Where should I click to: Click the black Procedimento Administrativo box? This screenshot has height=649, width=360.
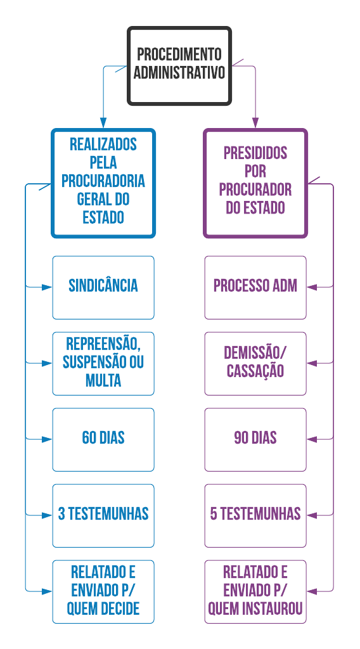point(179,66)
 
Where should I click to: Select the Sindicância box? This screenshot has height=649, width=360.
point(103,287)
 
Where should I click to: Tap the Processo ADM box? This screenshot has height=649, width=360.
point(255,287)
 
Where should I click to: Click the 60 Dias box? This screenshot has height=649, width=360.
point(103,440)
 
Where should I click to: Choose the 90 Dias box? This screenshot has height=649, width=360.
point(255,440)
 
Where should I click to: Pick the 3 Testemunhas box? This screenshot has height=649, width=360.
point(103,516)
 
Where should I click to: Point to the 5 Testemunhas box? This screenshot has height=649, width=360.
point(255,516)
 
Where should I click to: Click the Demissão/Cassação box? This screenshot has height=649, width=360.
point(255,363)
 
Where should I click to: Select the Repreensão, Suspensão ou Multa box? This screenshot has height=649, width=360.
point(103,363)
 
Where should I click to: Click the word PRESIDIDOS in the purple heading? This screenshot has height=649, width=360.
point(255,153)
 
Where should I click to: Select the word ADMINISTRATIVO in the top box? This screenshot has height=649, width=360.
point(179,72)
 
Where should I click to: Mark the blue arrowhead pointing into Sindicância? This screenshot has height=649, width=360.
point(47,287)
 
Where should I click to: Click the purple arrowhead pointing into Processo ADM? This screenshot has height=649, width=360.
point(312,287)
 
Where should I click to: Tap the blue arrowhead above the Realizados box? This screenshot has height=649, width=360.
point(103,123)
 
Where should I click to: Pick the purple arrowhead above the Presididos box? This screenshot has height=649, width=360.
point(255,123)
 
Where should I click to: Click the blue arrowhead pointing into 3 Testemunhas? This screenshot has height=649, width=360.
point(47,516)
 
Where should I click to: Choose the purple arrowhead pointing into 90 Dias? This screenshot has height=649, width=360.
point(312,440)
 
